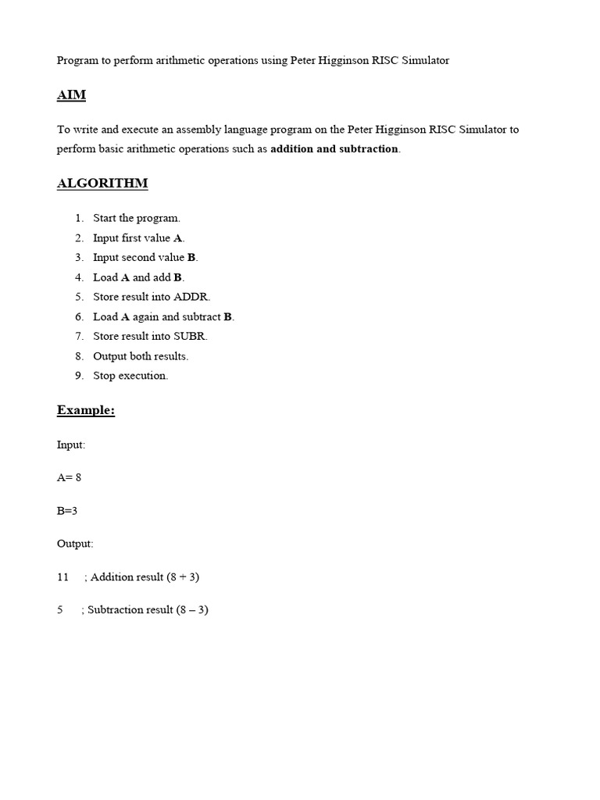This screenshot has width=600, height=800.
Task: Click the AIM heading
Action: click(71, 95)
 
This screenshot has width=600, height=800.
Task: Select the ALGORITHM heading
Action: click(102, 184)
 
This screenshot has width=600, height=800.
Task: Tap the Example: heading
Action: click(86, 410)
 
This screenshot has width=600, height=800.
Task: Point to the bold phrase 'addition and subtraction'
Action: click(334, 148)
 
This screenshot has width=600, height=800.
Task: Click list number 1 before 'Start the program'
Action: click(79, 218)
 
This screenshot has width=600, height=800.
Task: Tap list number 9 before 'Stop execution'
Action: click(79, 376)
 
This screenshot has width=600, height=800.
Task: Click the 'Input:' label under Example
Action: click(71, 445)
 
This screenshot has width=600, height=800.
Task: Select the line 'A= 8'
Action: click(69, 477)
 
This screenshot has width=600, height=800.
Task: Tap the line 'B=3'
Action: click(67, 510)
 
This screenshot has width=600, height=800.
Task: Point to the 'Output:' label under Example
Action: click(75, 543)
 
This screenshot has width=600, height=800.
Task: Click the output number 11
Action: click(63, 577)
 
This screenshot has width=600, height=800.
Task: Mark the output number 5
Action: click(60, 609)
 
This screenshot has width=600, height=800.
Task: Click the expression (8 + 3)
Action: click(183, 577)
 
